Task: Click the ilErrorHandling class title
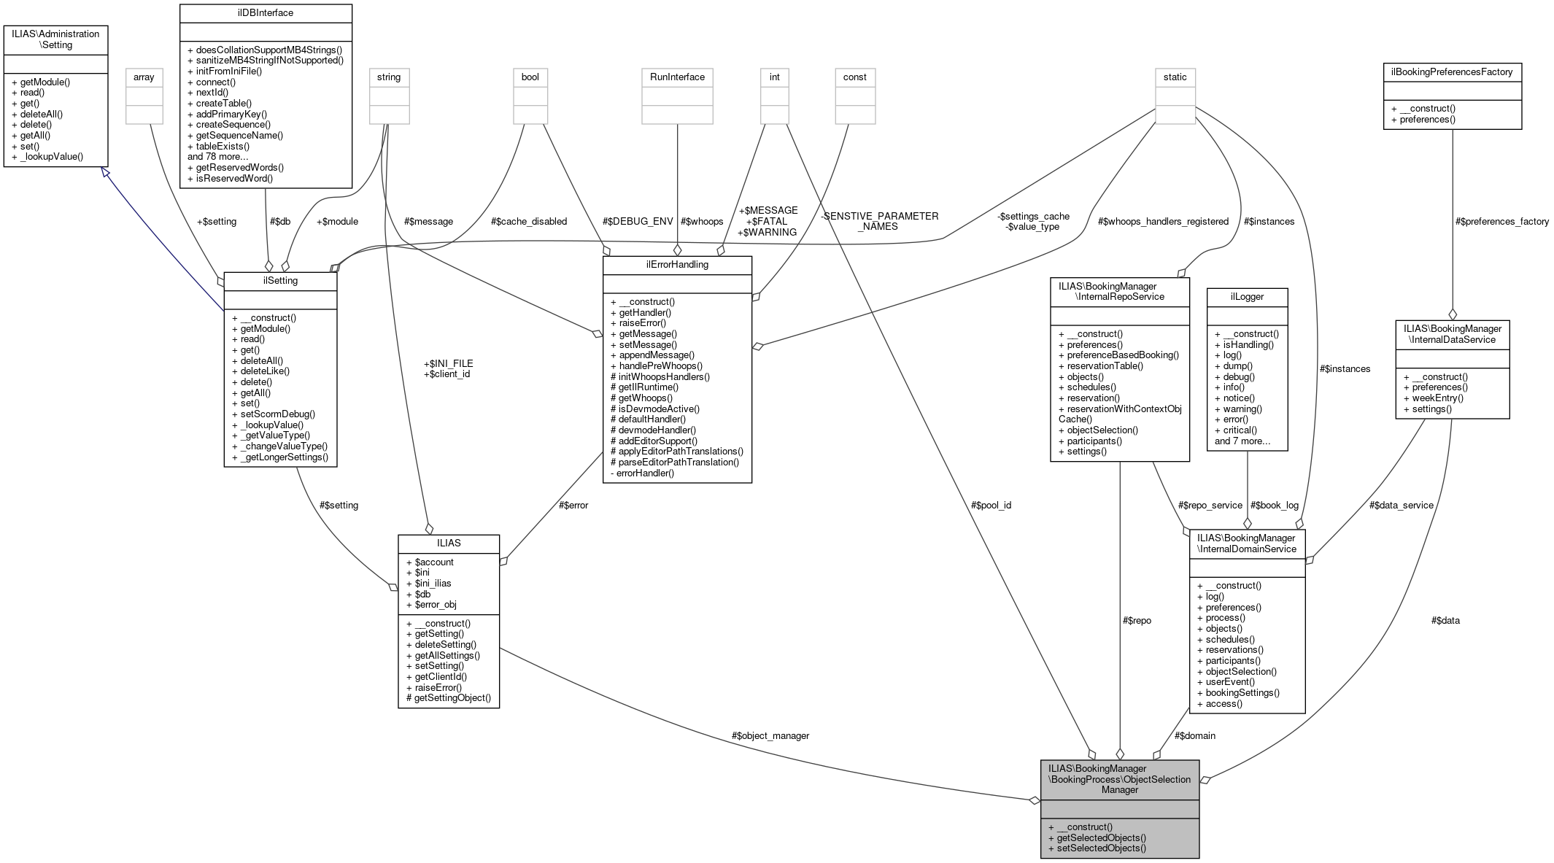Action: tap(676, 265)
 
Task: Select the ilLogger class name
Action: tap(1246, 296)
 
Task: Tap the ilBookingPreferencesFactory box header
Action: tap(1452, 72)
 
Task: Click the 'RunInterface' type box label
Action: tap(676, 77)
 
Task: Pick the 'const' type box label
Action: tap(854, 77)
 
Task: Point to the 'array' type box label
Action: tap(144, 77)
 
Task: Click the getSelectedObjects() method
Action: tap(1101, 837)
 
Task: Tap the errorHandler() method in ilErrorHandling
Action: tap(645, 473)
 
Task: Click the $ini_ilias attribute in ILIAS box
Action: tap(433, 583)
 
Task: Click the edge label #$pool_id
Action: tap(991, 505)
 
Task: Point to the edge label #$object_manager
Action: tap(770, 735)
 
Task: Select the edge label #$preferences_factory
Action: tap(1501, 221)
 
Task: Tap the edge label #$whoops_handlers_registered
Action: tap(1163, 221)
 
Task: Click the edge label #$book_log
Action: tap(1274, 505)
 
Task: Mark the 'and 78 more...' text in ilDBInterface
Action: tap(218, 157)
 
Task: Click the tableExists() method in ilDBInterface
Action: tap(223, 146)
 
